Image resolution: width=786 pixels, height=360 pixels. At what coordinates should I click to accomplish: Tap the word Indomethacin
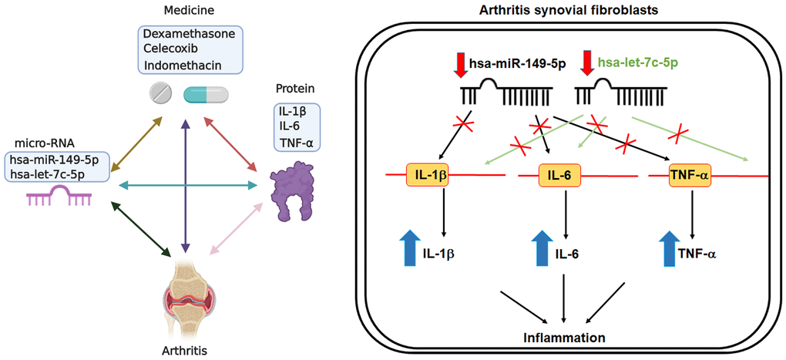(178, 62)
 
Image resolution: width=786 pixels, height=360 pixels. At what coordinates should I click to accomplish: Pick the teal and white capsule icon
(205, 95)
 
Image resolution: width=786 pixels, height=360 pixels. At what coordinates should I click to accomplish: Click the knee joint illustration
(185, 298)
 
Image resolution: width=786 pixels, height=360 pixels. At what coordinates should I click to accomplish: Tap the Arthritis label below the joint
(185, 348)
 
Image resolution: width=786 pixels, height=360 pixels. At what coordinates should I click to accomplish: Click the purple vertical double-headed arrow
(185, 185)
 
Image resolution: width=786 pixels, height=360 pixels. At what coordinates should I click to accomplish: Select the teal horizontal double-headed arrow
(185, 185)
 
